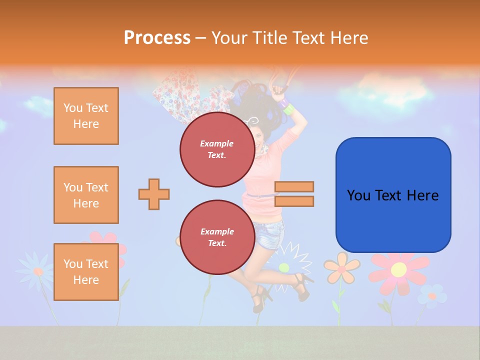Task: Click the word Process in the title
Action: [157, 38]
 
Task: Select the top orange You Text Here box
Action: [86, 116]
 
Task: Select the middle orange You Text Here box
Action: [86, 195]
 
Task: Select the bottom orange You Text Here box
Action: [86, 272]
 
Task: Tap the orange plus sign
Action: [154, 194]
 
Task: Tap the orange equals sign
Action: [294, 194]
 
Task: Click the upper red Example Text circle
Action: [217, 149]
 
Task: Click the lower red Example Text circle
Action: [217, 237]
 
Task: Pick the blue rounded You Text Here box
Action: [393, 195]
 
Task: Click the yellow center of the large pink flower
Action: [398, 270]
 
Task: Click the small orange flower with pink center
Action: [341, 267]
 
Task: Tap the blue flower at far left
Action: [36, 271]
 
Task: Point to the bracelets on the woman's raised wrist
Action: [286, 106]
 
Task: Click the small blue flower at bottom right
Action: [431, 296]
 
